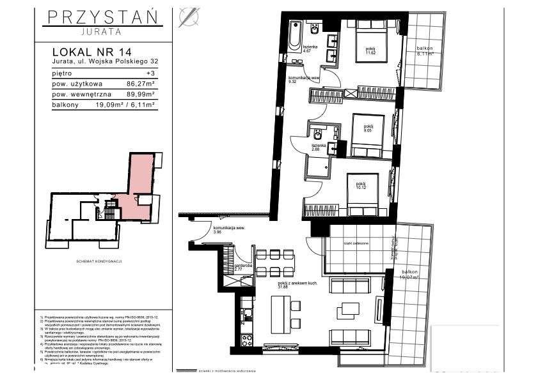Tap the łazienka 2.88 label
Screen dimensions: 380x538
(319, 148)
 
